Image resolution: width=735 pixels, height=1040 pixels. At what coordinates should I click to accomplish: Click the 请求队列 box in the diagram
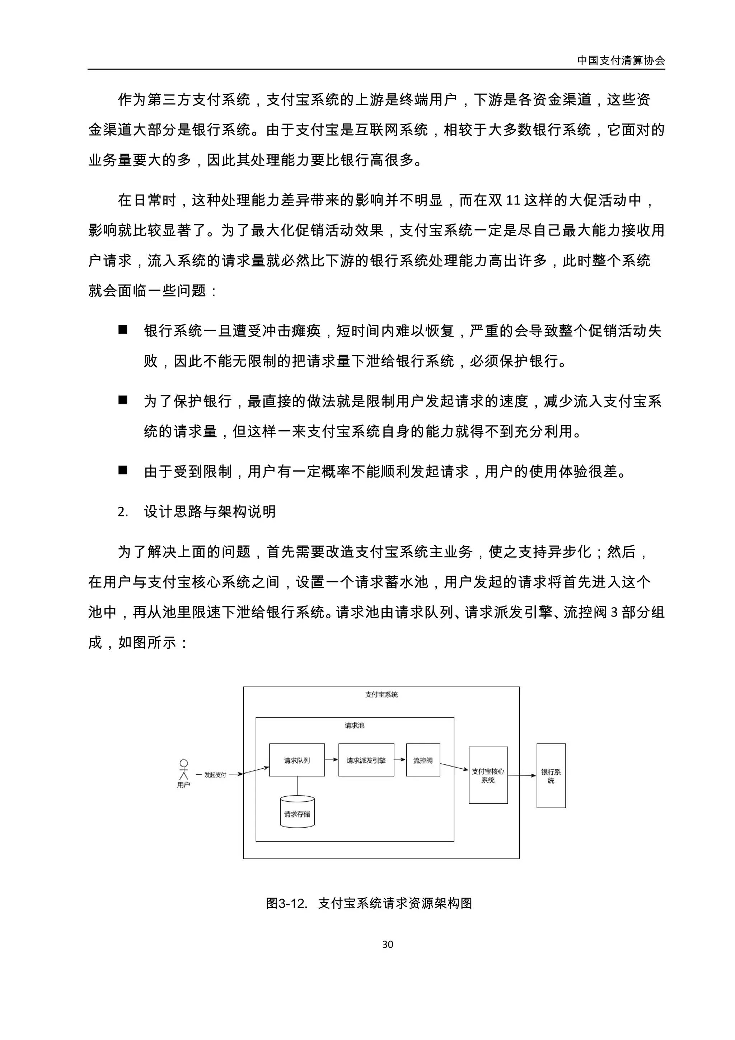(297, 760)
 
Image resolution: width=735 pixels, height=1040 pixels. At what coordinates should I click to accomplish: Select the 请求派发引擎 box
(366, 760)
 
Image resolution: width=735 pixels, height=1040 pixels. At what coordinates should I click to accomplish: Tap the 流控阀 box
(422, 760)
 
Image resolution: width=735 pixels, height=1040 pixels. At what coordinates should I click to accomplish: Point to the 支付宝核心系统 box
(488, 775)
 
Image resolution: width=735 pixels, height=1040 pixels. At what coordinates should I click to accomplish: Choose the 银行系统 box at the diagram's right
(551, 776)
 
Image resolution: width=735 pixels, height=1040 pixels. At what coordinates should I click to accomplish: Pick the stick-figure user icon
(183, 769)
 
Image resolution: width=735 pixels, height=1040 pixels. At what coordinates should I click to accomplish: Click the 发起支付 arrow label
(215, 774)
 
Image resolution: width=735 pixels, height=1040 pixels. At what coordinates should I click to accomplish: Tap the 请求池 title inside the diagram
(354, 725)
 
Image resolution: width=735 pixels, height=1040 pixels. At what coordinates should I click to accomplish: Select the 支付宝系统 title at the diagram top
(381, 694)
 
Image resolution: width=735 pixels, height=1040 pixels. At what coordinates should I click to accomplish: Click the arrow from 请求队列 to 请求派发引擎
(332, 760)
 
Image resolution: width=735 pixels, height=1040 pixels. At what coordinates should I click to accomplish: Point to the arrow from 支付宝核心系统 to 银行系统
(522, 775)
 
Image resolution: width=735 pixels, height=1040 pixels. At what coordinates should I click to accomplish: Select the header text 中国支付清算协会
(621, 60)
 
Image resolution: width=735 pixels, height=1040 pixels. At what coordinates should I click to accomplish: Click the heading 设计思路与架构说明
(210, 511)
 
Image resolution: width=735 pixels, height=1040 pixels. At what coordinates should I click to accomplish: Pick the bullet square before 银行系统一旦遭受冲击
(123, 330)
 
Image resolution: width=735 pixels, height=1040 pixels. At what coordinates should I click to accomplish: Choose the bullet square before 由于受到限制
(123, 470)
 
